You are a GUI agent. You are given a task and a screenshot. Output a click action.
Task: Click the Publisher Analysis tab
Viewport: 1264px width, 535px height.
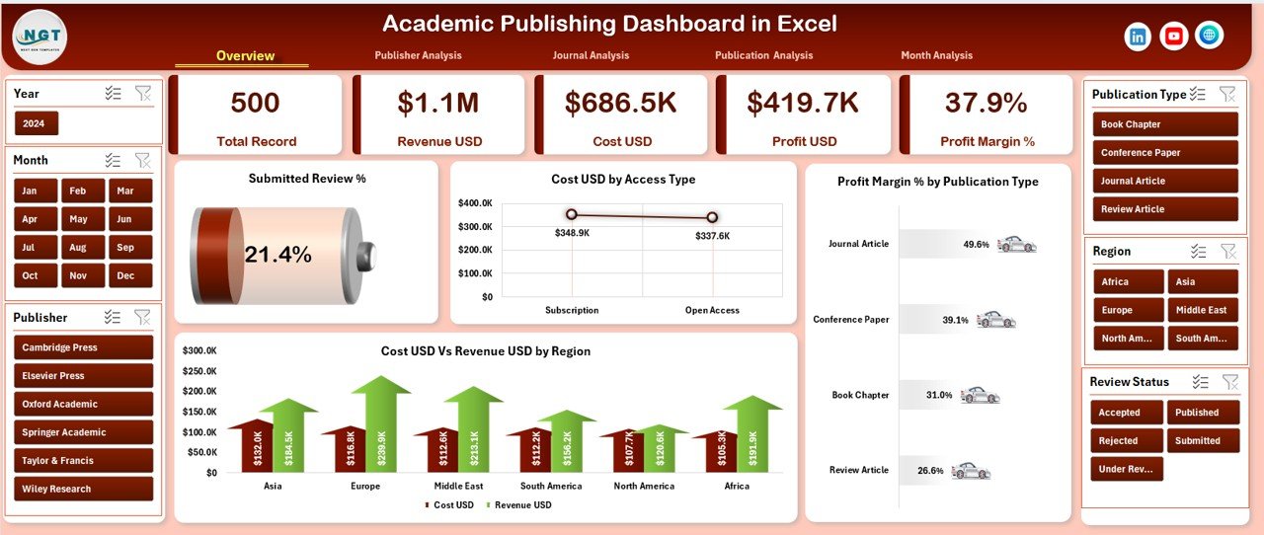pyautogui.click(x=418, y=55)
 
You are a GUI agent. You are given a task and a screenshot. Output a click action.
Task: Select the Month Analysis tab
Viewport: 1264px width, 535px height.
pyautogui.click(x=936, y=55)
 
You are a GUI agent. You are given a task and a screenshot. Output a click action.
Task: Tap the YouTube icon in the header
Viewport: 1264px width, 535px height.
pyautogui.click(x=1173, y=37)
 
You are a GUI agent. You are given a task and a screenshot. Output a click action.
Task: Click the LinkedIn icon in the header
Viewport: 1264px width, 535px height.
pyautogui.click(x=1138, y=37)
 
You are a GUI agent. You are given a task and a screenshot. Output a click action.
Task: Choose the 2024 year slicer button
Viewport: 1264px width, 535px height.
pyautogui.click(x=37, y=123)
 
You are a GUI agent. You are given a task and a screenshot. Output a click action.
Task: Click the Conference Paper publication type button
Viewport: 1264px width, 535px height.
pyautogui.click(x=1165, y=153)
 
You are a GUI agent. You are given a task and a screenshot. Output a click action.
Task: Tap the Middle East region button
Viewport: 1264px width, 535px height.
pyautogui.click(x=1202, y=310)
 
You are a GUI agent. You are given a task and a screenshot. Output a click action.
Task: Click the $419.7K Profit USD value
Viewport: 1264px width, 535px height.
pyautogui.click(x=804, y=103)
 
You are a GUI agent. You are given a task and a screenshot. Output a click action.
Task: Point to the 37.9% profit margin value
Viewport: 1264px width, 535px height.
pyautogui.click(x=986, y=103)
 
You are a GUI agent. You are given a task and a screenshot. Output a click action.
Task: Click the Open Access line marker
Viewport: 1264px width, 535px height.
pyautogui.click(x=712, y=217)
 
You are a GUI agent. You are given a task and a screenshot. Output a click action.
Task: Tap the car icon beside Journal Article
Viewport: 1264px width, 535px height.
pyautogui.click(x=1016, y=244)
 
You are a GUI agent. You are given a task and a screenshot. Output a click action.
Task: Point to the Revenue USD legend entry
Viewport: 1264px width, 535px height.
pyautogui.click(x=521, y=505)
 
